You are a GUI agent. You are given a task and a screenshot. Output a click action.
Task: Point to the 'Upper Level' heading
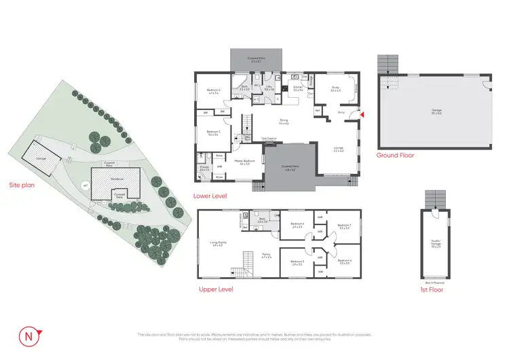(216, 289)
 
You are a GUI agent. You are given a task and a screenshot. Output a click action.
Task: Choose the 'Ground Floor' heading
(395, 155)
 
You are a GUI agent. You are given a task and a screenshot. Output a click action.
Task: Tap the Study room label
(335, 88)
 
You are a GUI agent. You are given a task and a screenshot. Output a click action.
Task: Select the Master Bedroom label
(242, 162)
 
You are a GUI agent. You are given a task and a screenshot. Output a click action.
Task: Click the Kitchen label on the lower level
(297, 87)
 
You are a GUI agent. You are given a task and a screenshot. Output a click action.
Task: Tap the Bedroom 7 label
(343, 226)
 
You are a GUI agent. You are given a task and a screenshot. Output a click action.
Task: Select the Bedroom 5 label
(297, 262)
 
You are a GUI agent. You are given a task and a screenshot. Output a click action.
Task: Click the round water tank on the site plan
(85, 185)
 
